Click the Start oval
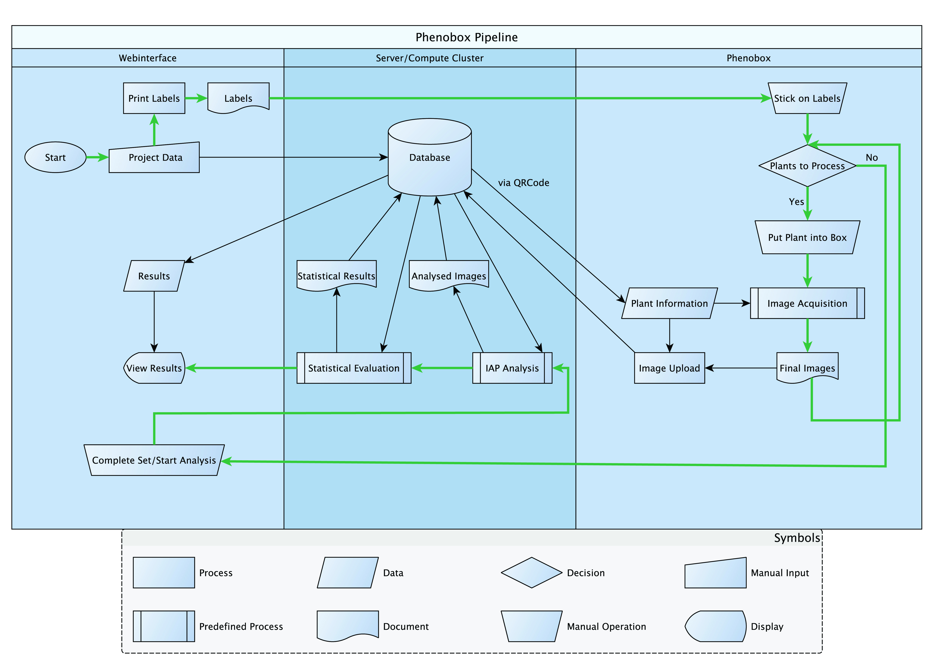point(56,157)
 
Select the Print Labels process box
point(154,98)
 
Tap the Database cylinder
point(430,157)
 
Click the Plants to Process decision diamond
point(807,166)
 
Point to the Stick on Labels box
point(807,98)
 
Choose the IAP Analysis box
point(512,368)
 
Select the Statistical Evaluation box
point(354,368)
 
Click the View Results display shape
point(154,368)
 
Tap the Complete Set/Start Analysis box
point(154,460)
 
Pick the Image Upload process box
point(669,368)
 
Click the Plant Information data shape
point(669,304)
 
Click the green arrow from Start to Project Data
point(97,157)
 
